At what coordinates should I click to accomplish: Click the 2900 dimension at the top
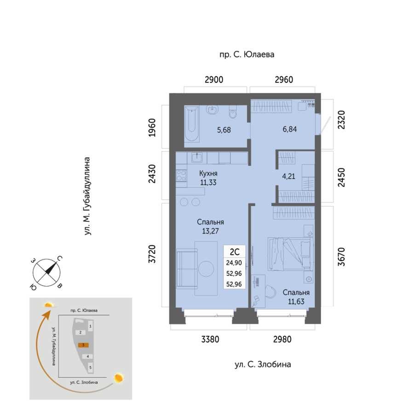point(214,80)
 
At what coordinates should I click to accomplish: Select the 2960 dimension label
point(284,80)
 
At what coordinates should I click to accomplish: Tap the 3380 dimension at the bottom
point(210,339)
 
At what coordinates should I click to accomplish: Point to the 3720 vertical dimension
point(152,254)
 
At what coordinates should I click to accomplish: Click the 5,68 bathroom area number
point(224,130)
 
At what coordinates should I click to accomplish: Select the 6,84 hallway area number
point(290,129)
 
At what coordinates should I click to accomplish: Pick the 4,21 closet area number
point(288,176)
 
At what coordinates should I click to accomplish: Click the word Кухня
point(208,173)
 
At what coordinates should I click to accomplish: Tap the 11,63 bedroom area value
point(296,301)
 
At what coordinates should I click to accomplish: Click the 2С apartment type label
point(235,252)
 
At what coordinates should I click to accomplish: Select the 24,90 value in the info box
point(234,263)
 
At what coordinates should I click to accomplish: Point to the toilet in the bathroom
point(233,112)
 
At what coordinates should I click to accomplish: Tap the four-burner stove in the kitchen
point(181,175)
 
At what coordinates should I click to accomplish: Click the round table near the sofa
point(206,269)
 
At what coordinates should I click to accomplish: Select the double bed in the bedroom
point(291,254)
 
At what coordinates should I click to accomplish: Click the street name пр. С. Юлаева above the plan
point(247,55)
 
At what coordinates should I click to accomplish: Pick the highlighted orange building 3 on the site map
point(83,345)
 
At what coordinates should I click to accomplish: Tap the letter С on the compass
point(60,259)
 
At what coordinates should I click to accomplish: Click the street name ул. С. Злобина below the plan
point(263,365)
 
